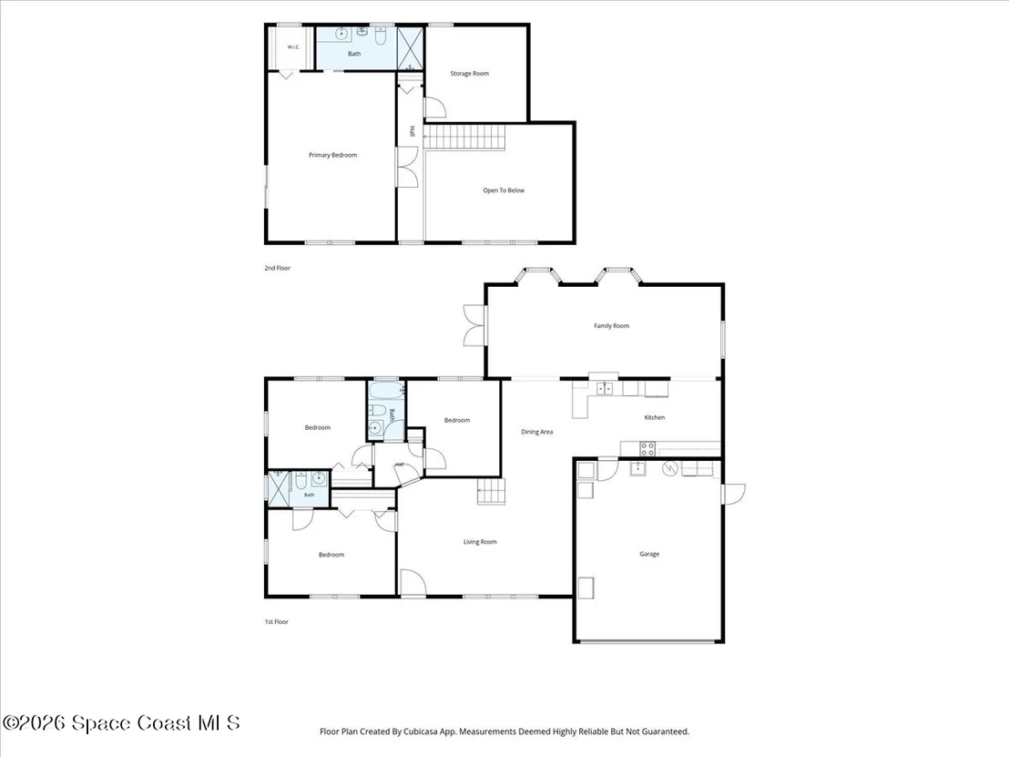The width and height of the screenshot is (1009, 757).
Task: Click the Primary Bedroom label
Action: (x=332, y=155)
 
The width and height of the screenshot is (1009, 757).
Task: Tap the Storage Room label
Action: (x=469, y=74)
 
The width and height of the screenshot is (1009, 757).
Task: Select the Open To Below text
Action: (x=504, y=190)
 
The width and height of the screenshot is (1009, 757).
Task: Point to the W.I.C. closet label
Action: (x=293, y=47)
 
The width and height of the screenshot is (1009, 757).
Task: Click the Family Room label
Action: (x=611, y=326)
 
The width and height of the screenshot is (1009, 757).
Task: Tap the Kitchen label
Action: (x=655, y=417)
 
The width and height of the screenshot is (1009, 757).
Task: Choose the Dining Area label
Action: (x=536, y=432)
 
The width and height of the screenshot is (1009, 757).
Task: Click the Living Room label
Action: (x=480, y=542)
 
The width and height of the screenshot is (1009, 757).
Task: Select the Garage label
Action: (x=649, y=554)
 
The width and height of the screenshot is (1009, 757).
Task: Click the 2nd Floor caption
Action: (x=278, y=268)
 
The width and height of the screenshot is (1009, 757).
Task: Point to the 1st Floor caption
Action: (x=277, y=622)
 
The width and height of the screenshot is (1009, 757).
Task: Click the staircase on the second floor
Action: (x=464, y=138)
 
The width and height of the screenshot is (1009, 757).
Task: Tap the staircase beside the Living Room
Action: (x=491, y=492)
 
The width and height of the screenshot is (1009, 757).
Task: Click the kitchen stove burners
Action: (x=647, y=449)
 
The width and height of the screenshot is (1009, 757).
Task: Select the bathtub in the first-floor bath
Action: (x=386, y=391)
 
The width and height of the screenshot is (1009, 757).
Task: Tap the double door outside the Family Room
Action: (x=474, y=325)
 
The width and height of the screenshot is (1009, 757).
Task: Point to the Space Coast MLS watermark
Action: (x=121, y=723)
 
